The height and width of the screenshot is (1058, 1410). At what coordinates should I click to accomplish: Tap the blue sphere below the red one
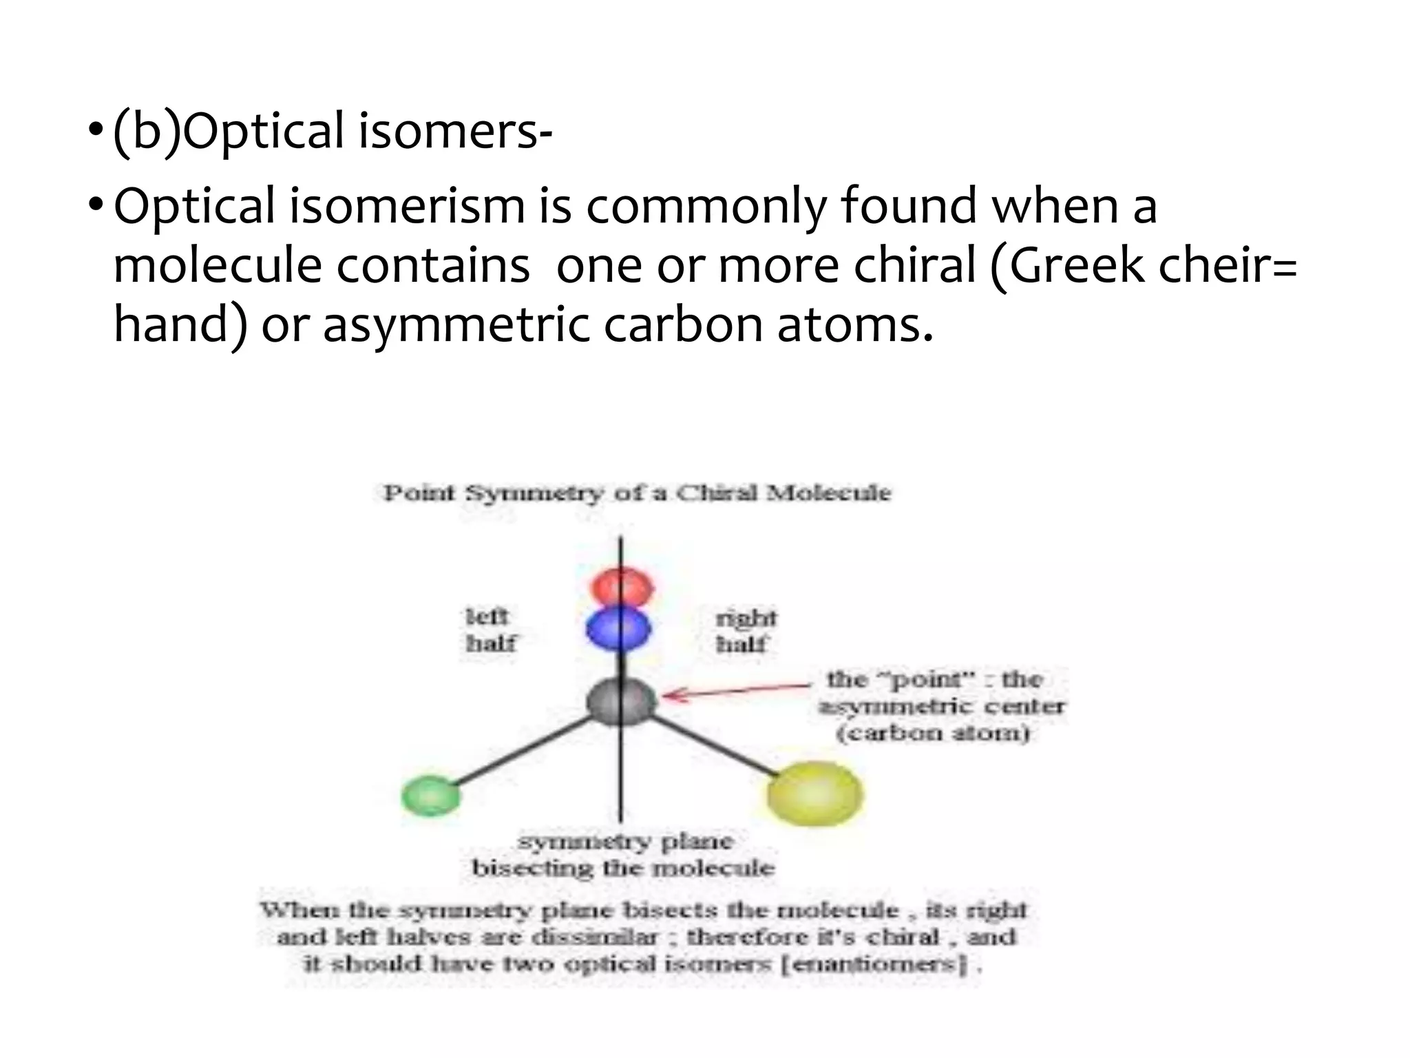click(618, 630)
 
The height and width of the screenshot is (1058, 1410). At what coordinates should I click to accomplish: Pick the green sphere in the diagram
click(431, 796)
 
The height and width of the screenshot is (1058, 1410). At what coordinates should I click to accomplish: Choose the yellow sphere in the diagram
click(815, 793)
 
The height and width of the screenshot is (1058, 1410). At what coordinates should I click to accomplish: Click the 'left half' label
click(490, 630)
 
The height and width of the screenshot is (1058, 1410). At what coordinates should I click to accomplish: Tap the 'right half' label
click(745, 631)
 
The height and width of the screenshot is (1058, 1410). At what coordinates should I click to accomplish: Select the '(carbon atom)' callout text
click(934, 733)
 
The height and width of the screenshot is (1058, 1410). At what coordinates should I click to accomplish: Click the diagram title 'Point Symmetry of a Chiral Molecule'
click(636, 493)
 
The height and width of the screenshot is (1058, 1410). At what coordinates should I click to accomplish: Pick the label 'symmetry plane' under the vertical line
click(625, 842)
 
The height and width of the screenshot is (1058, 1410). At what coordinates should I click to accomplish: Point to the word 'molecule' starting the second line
click(218, 266)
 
